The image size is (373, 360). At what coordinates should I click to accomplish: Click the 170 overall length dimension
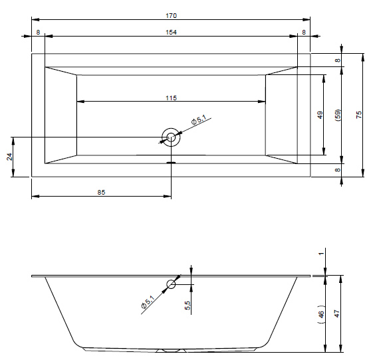[x=171, y=16]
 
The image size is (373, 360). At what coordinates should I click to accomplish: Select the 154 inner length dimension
[x=171, y=33]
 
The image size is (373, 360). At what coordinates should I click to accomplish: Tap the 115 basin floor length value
[x=171, y=98]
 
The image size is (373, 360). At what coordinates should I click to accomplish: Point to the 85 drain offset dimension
[x=101, y=192]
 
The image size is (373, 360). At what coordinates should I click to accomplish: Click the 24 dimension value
[x=9, y=157]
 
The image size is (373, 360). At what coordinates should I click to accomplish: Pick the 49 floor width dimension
[x=320, y=115]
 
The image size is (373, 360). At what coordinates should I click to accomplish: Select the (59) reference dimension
[x=338, y=115]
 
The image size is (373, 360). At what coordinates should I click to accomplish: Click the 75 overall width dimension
[x=359, y=115]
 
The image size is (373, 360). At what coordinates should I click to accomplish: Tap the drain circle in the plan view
[x=171, y=137]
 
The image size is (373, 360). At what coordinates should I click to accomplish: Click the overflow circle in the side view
[x=171, y=284]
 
